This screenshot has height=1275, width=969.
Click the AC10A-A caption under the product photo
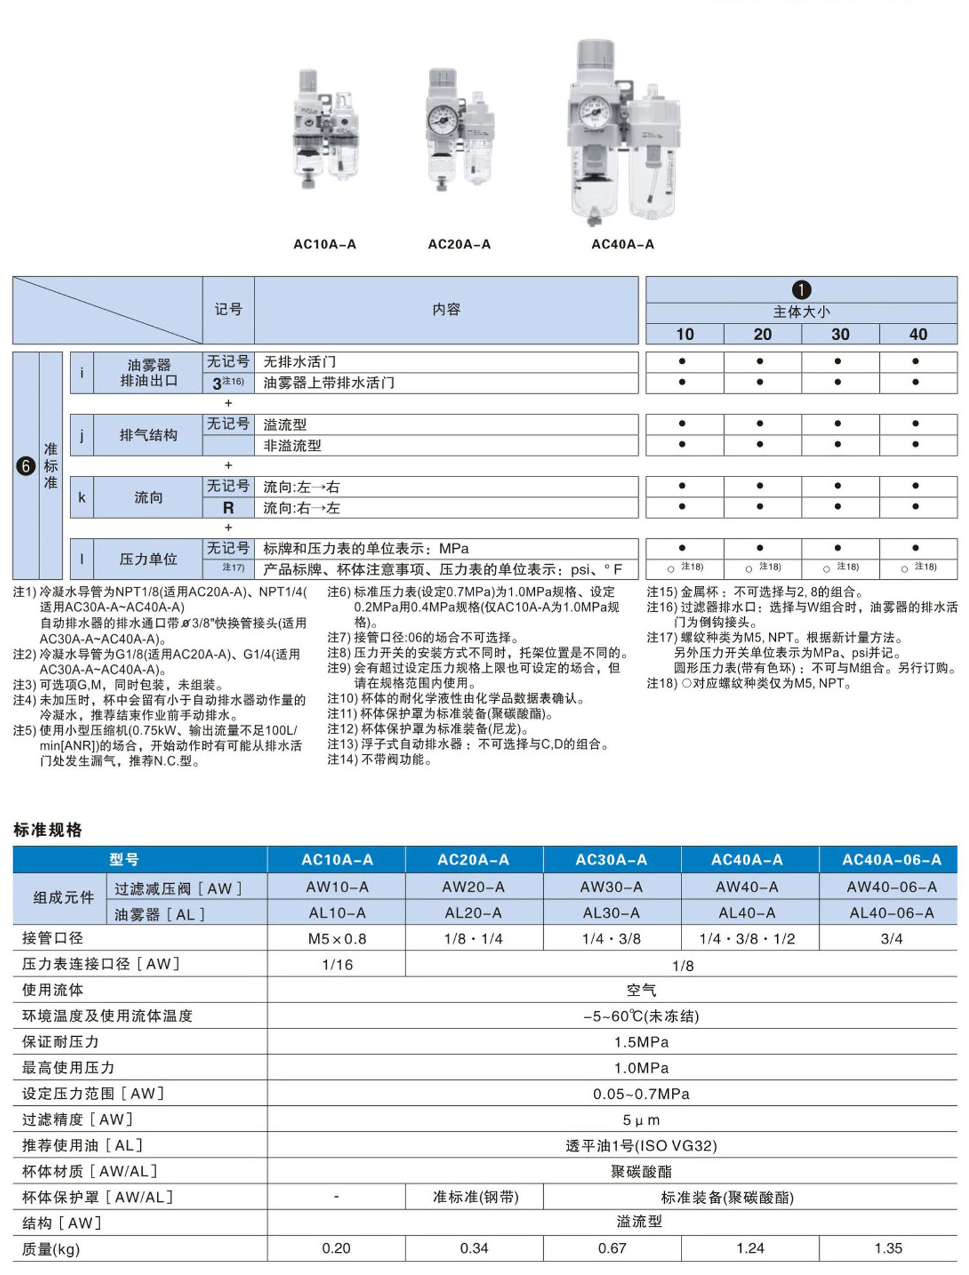[x=324, y=244]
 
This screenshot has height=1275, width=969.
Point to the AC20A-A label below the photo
[x=459, y=244]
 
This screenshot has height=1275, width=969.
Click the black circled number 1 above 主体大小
[x=801, y=290]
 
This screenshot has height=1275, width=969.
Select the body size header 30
[x=840, y=334]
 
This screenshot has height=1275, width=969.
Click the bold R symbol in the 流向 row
[x=228, y=508]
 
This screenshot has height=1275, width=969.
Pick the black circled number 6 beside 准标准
[x=26, y=465]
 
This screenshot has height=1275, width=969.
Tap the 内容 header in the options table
[x=446, y=310]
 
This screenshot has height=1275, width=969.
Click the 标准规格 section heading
[x=48, y=830]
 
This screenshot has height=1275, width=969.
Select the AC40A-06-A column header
[x=891, y=859]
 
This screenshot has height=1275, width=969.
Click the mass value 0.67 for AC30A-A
[x=612, y=1248]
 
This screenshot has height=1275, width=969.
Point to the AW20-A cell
[x=474, y=887]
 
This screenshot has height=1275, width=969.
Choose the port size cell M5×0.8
[x=337, y=939]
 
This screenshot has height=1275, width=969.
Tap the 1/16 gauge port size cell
[x=337, y=964]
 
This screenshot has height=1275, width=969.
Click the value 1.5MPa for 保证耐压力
[x=641, y=1042]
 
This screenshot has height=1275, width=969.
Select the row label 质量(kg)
[x=51, y=1249]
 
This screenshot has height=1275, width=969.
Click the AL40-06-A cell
[x=891, y=913]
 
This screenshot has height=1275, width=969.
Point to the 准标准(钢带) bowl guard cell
[x=475, y=1197]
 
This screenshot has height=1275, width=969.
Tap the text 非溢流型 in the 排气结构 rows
[x=292, y=445]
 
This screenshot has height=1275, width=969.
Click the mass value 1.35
[x=888, y=1248]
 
